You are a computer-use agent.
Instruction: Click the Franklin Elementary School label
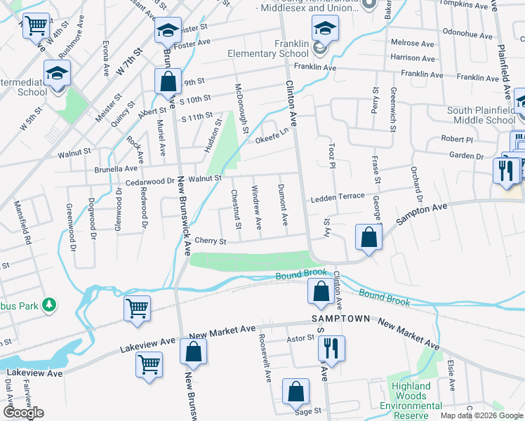point(268,48)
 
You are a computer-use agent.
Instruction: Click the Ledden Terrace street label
point(338,199)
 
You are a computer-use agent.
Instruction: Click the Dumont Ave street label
point(283,205)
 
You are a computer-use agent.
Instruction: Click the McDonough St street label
point(242,108)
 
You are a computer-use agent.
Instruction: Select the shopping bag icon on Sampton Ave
point(368,237)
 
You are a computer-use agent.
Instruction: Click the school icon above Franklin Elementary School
point(325,29)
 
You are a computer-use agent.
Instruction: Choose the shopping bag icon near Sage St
point(296,392)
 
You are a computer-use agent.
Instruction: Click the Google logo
point(23,413)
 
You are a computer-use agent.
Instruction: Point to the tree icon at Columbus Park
point(48,305)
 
